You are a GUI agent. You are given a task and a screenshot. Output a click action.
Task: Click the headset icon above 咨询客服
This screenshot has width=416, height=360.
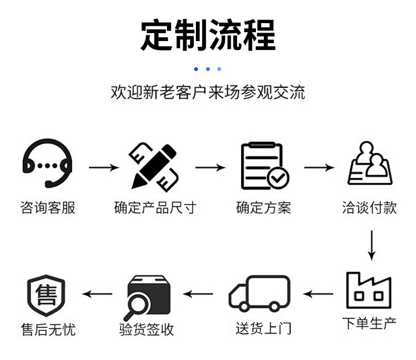point(47,163)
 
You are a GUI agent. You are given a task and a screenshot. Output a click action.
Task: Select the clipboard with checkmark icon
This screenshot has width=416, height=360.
point(264,166)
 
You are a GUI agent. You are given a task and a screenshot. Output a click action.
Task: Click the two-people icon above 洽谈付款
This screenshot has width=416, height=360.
point(371,164)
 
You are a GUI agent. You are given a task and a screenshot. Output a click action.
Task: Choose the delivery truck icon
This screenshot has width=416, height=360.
point(260,293)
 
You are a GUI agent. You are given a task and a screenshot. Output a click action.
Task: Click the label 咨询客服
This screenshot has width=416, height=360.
point(48,207)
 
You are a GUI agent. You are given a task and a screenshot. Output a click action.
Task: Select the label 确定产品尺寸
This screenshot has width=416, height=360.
point(155,207)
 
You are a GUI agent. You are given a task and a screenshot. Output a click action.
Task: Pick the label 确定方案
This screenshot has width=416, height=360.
point(263,207)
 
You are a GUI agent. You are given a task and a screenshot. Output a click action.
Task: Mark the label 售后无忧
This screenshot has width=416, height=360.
point(48,330)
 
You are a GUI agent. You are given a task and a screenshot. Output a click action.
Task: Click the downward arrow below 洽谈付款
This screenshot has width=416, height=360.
point(371,245)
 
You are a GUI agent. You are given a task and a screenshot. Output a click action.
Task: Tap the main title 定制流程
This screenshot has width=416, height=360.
point(208,35)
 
